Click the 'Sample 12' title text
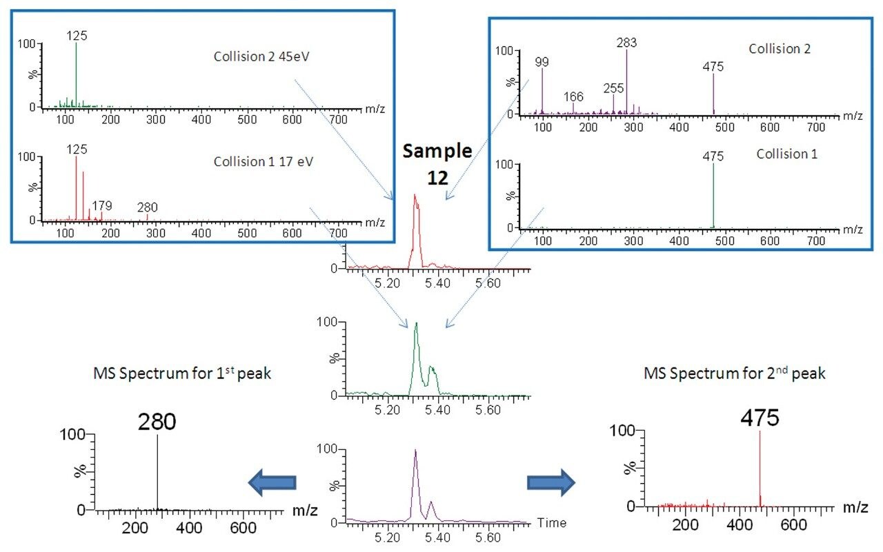[438, 164]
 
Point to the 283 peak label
[626, 43]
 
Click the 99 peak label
[543, 63]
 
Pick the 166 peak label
[574, 96]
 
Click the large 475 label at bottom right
[760, 418]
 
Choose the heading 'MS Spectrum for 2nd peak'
[734, 374]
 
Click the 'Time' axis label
[552, 523]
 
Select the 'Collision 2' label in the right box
[779, 49]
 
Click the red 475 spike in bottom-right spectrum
[760, 469]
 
